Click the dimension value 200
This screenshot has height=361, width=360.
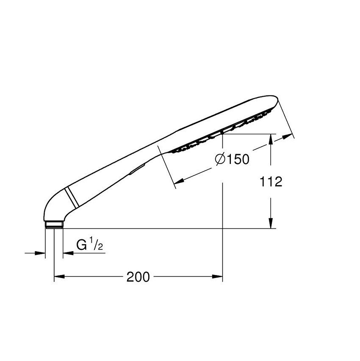(138, 277)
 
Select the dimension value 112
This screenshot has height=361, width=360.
(271, 182)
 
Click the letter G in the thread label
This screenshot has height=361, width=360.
(81, 244)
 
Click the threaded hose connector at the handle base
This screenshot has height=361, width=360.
(54, 224)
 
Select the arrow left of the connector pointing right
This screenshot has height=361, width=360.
(41, 253)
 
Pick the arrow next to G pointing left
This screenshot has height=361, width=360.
(67, 253)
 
